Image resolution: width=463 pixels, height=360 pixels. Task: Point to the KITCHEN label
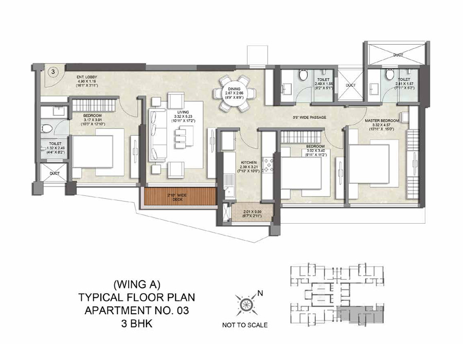pos(248,163)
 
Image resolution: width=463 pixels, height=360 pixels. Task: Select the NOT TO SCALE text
pos(244,325)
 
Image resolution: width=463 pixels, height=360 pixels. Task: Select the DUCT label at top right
pos(398,54)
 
